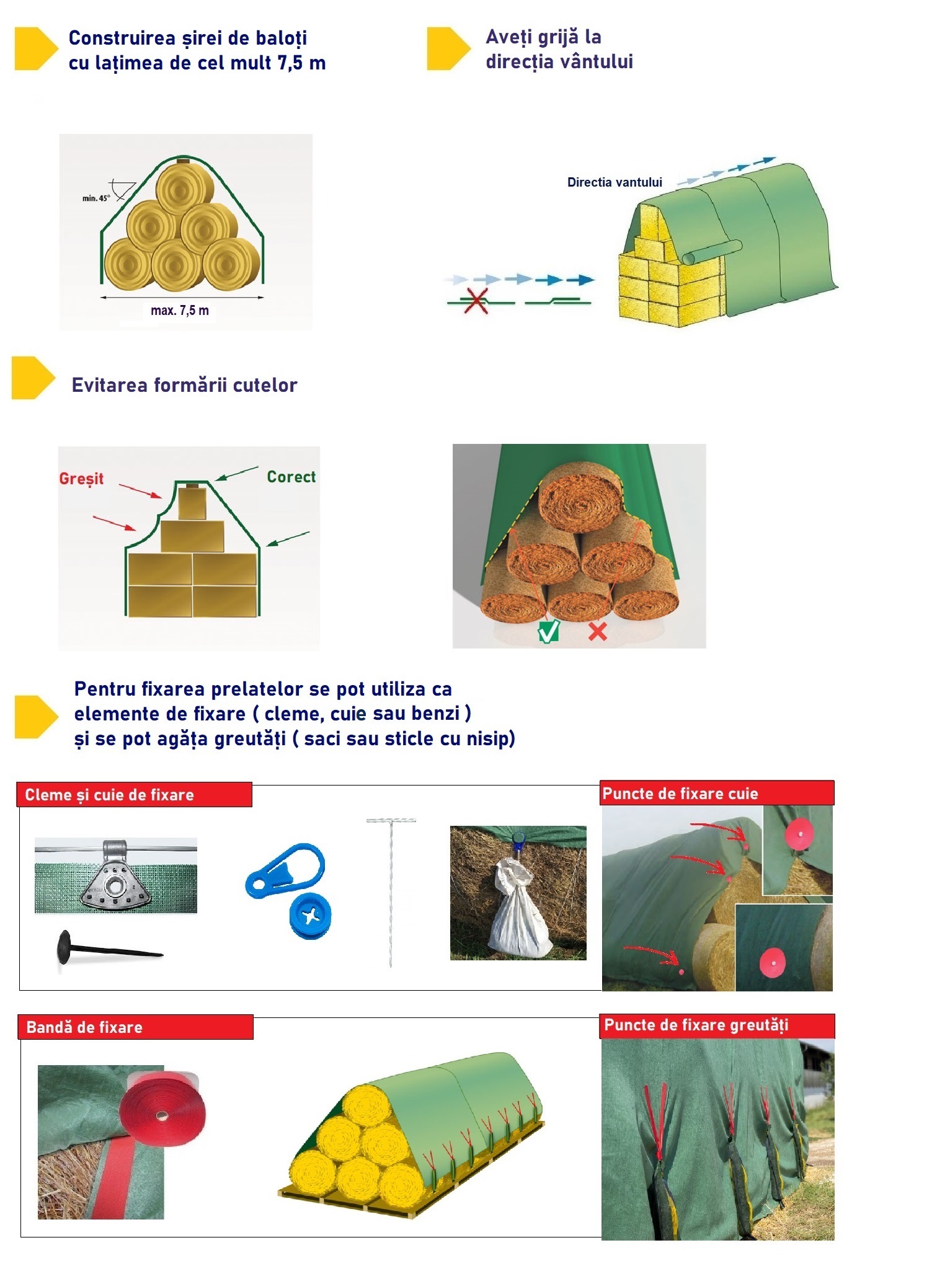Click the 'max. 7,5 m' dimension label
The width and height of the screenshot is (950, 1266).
(x=180, y=311)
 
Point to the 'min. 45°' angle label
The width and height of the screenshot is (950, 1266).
(x=95, y=198)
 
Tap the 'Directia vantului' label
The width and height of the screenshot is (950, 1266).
(x=615, y=182)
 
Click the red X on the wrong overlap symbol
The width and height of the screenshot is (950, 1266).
(x=476, y=301)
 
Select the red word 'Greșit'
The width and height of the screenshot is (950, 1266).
(x=81, y=479)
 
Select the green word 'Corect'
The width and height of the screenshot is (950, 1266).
(x=291, y=477)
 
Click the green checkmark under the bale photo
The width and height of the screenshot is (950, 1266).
(x=549, y=631)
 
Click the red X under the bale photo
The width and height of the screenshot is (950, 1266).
(x=597, y=631)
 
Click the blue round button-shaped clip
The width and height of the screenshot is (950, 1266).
(x=310, y=916)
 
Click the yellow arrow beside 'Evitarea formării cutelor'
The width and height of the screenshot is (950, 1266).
(x=32, y=378)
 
